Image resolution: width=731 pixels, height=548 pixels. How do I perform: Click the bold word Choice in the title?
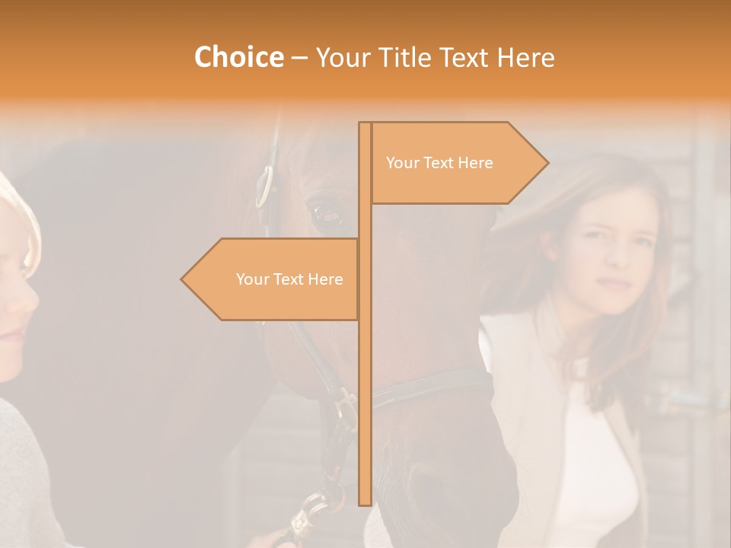(x=238, y=57)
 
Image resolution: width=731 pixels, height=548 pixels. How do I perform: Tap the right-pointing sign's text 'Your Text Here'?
(x=439, y=163)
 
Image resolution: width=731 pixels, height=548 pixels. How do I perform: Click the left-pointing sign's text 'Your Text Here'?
(x=289, y=279)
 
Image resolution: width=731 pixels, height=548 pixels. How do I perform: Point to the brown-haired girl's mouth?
(x=614, y=282)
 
